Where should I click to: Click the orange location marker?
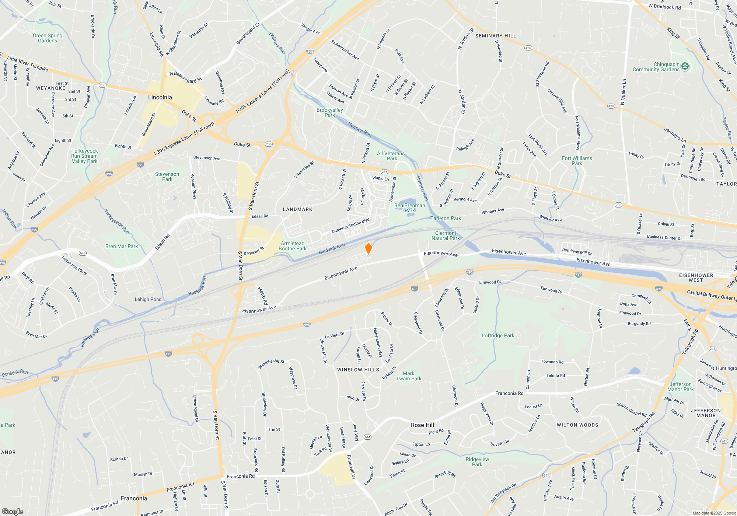pyautogui.click(x=368, y=249)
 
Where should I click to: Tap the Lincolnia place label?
pyautogui.click(x=160, y=97)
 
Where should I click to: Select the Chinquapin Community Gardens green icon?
pyautogui.click(x=685, y=66)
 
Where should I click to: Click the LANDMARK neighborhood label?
pyautogui.click(x=297, y=209)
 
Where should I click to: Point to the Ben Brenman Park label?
pyautogui.click(x=409, y=208)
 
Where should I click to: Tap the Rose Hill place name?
pyautogui.click(x=422, y=425)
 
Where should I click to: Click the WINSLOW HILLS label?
pyautogui.click(x=358, y=370)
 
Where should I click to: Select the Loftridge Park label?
pyautogui.click(x=498, y=335)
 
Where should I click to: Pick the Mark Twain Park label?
pyautogui.click(x=409, y=376)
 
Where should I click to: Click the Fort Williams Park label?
pyautogui.click(x=577, y=161)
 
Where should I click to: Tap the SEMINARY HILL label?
pyautogui.click(x=495, y=36)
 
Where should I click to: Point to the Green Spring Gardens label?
pyautogui.click(x=48, y=38)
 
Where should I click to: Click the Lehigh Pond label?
pyautogui.click(x=148, y=299)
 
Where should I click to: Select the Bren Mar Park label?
pyautogui.click(x=122, y=246)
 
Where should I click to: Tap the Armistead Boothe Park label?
pyautogui.click(x=293, y=246)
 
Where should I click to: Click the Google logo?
pyautogui.click(x=13, y=511)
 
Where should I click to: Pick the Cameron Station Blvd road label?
pyautogui.click(x=350, y=226)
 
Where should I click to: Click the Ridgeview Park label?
pyautogui.click(x=477, y=462)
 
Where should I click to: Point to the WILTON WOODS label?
pyautogui.click(x=577, y=425)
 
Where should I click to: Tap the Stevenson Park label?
pyautogui.click(x=167, y=177)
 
